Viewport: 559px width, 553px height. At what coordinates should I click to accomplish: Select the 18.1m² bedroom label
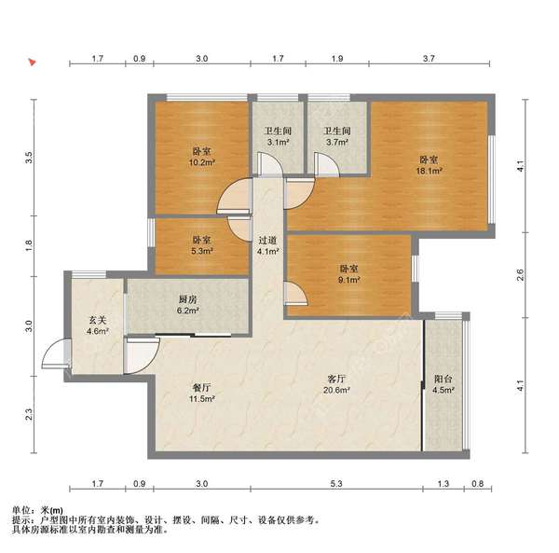coord(429,165)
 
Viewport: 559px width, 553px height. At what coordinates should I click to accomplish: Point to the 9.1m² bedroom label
coord(348,273)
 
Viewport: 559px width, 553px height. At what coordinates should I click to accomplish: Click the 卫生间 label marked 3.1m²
coord(277,137)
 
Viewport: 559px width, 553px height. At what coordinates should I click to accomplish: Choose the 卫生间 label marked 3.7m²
coord(336,137)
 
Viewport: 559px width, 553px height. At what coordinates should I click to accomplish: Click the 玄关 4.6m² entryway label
coord(98,325)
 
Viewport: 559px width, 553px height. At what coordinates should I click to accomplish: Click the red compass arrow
coord(32,63)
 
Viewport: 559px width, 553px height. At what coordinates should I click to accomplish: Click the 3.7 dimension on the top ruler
coord(429,60)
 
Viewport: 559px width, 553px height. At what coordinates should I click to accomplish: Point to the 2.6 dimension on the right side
coord(522,275)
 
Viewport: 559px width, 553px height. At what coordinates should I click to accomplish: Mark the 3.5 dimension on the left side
coord(29,158)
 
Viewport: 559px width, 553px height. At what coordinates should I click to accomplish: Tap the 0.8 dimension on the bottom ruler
coord(478,485)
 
